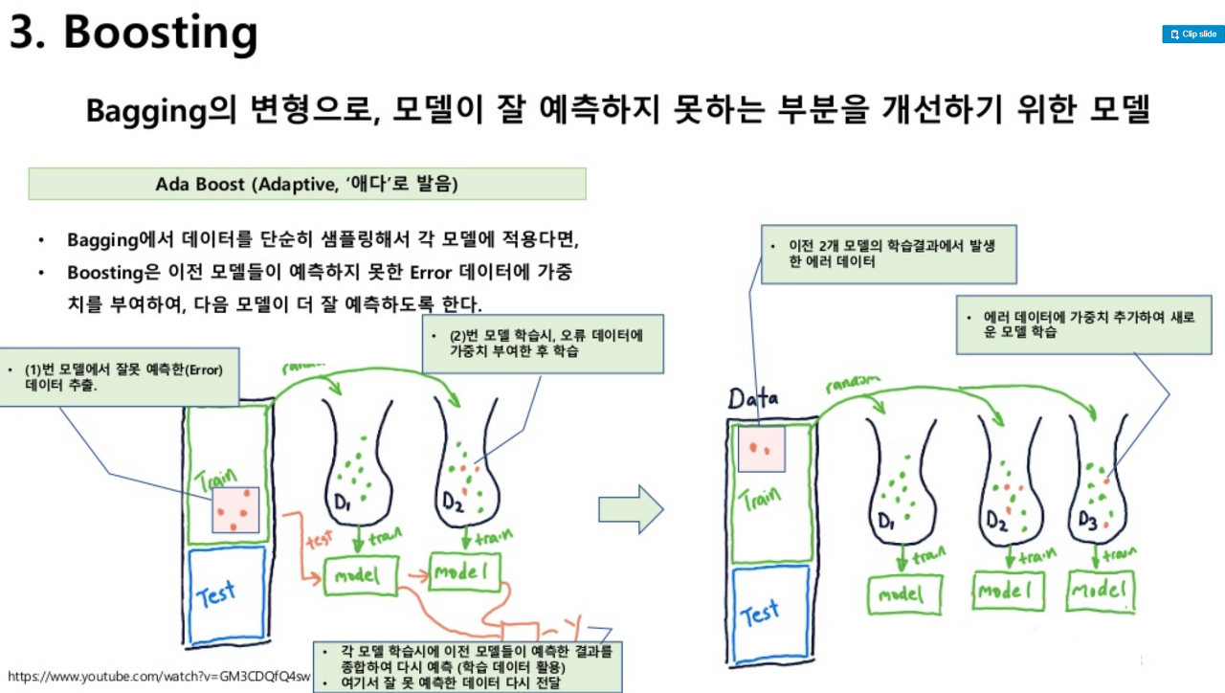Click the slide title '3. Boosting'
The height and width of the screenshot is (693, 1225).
click(x=134, y=34)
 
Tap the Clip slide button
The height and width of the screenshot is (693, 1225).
click(x=1193, y=34)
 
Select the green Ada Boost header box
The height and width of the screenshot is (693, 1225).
click(x=307, y=184)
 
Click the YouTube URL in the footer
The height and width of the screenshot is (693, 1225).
click(x=159, y=677)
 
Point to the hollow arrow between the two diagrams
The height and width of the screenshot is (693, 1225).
click(x=631, y=509)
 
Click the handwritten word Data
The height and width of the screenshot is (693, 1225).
click(x=753, y=398)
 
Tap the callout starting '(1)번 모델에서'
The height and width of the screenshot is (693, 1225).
click(x=120, y=377)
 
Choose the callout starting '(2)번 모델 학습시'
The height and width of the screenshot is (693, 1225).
click(x=543, y=345)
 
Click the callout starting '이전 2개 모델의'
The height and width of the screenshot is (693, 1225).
click(x=888, y=255)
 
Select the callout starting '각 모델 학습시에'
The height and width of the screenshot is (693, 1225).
click(x=468, y=666)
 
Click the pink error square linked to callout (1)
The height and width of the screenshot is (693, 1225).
click(x=236, y=510)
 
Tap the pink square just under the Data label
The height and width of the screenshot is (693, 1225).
click(x=760, y=449)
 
